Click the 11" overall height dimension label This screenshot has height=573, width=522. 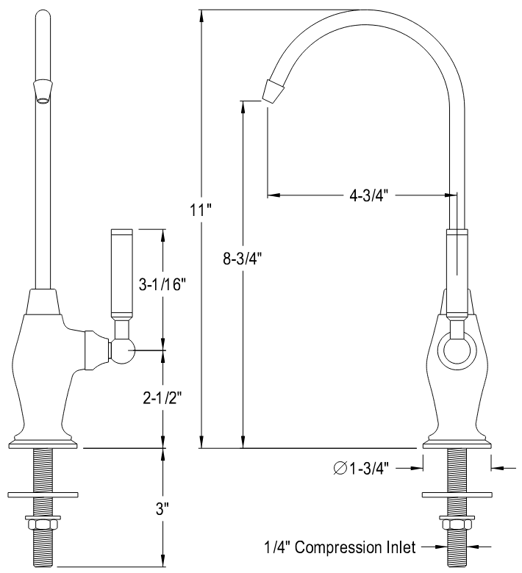pos(200,210)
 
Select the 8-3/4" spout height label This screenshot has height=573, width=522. pos(242,258)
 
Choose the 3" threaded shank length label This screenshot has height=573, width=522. pos(163,508)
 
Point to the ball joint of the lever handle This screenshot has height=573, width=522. pos(123,352)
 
